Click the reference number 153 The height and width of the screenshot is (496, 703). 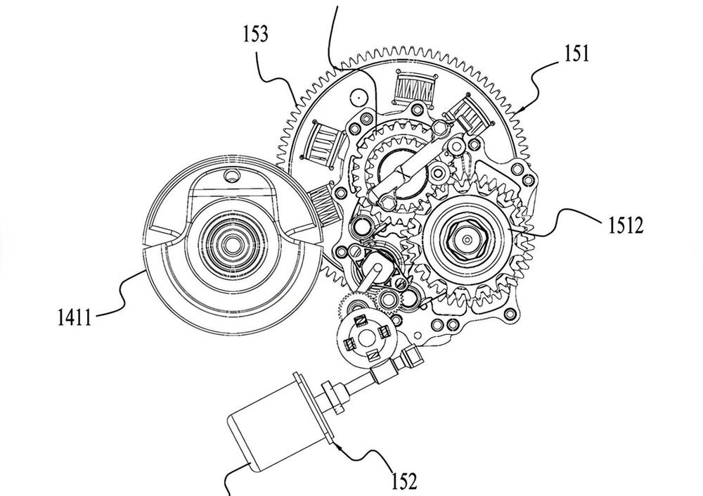tap(256, 34)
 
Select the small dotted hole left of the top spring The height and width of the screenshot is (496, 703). tap(360, 94)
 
